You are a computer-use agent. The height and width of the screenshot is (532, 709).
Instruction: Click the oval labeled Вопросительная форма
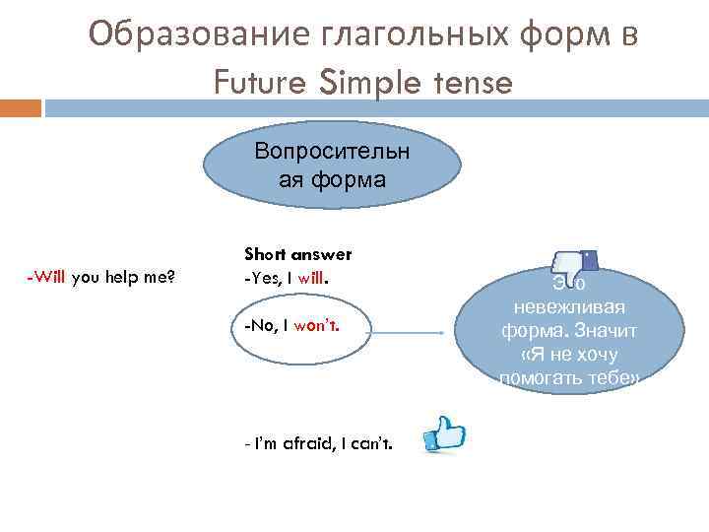tap(333, 166)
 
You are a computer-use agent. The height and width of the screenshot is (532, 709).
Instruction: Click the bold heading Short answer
tap(297, 254)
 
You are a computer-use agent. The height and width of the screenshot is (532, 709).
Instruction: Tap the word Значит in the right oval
tap(604, 331)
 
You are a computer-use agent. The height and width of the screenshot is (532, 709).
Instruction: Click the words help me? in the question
tap(138, 276)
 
